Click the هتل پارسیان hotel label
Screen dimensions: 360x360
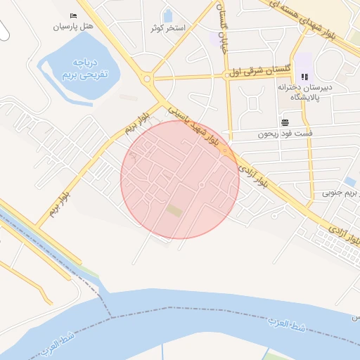pyautogui.click(x=72, y=27)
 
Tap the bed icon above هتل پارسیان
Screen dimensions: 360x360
pyautogui.click(x=75, y=15)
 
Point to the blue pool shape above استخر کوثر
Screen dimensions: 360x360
pyautogui.click(x=168, y=15)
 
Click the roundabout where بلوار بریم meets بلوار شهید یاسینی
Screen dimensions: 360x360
pyautogui.click(x=147, y=79)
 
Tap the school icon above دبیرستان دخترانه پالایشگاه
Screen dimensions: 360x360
pyautogui.click(x=304, y=77)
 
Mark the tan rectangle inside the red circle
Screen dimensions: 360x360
pyautogui.click(x=174, y=210)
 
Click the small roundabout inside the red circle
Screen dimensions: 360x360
pyautogui.click(x=202, y=185)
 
